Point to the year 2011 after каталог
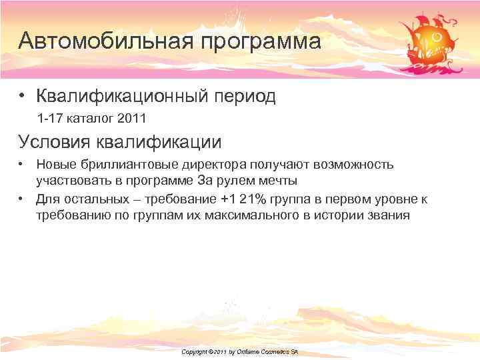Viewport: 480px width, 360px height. coord(131,119)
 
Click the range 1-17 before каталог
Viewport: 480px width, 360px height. coord(49,119)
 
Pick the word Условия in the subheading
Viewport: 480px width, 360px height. coord(55,141)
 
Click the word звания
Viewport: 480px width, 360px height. coord(389,216)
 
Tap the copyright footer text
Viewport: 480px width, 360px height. coord(239,351)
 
